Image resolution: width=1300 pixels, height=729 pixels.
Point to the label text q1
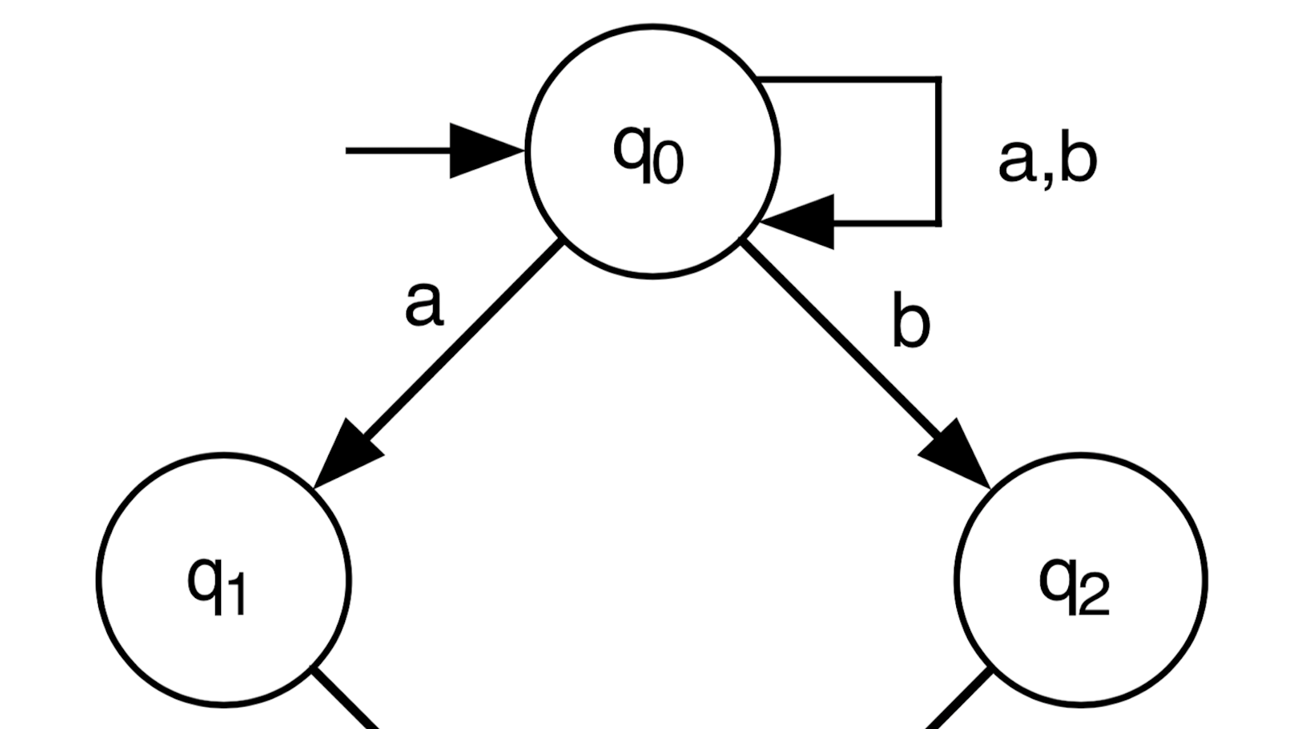[217, 585]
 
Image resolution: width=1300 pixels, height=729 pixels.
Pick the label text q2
[1074, 585]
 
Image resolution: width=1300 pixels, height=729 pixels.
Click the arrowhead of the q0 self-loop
[803, 222]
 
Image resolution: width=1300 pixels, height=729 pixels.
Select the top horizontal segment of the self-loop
[849, 80]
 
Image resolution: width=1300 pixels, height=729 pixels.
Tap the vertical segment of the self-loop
[938, 152]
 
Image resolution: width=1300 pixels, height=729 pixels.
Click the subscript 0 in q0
[668, 163]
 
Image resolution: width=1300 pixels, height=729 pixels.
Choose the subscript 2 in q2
[1094, 596]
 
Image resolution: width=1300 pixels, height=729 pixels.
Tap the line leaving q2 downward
[959, 699]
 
